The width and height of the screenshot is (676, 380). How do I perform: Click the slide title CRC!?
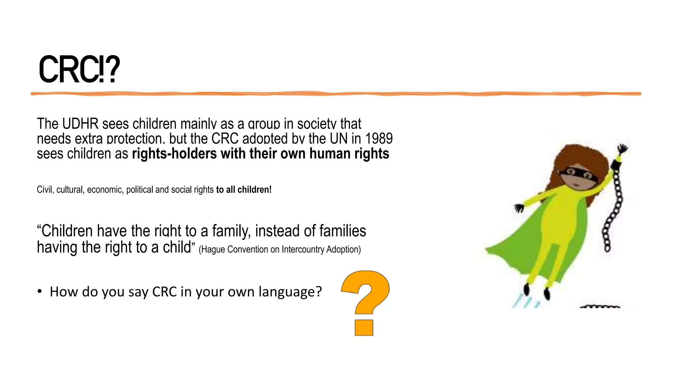[x=79, y=70]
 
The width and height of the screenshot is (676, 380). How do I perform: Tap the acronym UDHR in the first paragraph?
[x=80, y=124]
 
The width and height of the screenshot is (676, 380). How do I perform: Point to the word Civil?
[x=45, y=190]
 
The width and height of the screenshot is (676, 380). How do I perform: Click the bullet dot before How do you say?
[x=40, y=292]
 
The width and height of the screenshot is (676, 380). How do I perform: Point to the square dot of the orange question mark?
[x=364, y=328]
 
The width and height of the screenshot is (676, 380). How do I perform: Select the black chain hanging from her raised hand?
[x=614, y=208]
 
